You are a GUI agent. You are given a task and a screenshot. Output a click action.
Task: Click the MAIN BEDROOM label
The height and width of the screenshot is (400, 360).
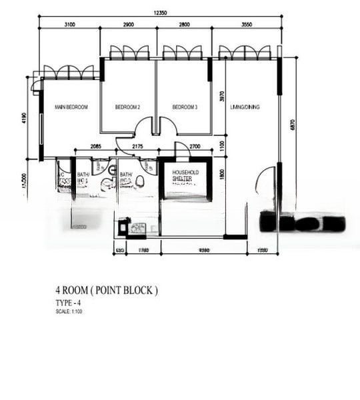point(71,107)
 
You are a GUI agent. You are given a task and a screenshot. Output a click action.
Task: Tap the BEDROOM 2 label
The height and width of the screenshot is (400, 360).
point(127,107)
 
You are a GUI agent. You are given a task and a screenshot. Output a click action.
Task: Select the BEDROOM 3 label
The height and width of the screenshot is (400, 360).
point(185,107)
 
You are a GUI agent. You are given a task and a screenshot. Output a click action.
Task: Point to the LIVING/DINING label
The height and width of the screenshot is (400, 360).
point(245,107)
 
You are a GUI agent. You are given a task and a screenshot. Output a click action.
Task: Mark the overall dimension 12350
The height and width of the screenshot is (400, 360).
point(158,13)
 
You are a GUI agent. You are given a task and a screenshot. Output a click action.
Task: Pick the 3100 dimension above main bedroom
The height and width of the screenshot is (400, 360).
point(70,25)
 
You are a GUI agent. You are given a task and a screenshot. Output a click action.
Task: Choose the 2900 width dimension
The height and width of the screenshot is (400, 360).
point(129,25)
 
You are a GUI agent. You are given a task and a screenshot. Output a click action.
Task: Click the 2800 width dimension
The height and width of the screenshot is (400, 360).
point(184,25)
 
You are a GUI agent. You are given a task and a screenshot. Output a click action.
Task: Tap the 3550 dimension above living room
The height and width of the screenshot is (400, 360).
point(245,25)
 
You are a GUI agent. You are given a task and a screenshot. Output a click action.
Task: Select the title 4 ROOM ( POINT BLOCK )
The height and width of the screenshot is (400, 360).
point(107,291)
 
